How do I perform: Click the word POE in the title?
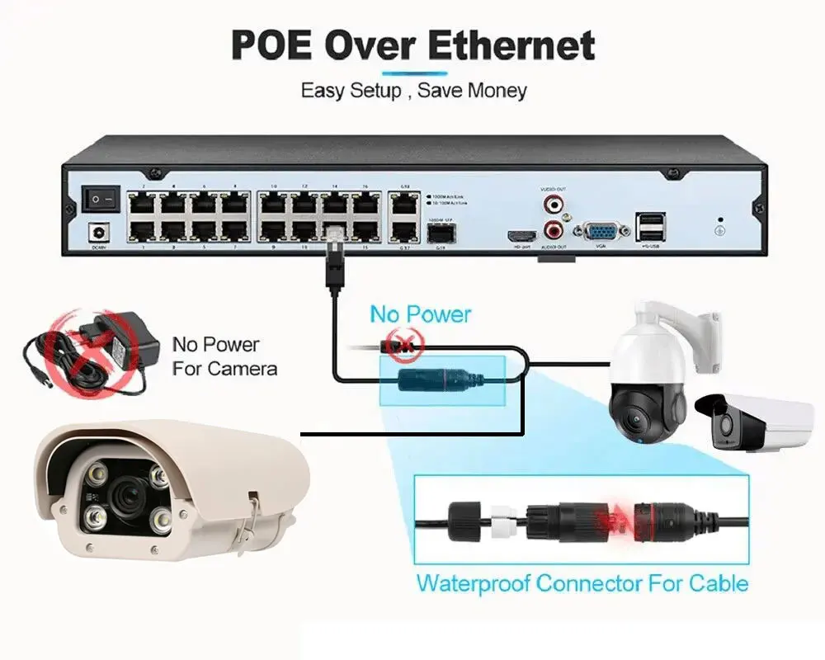pos(270,45)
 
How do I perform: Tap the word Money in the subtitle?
pos(497,90)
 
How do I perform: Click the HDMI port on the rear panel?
pos(521,234)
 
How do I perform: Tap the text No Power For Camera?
pos(224,356)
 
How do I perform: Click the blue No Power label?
pos(420,314)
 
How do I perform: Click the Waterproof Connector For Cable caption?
pos(582,583)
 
